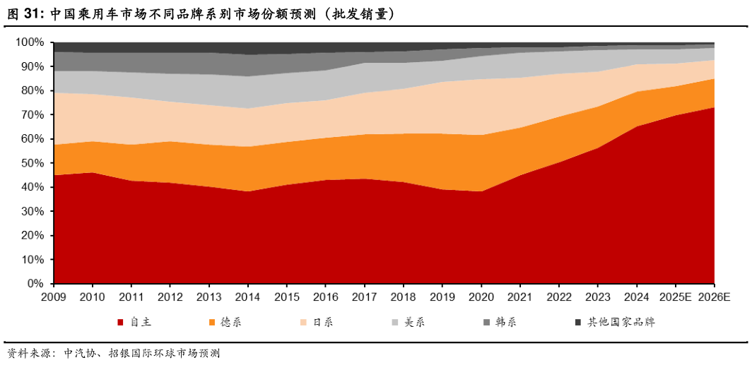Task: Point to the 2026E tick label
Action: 714,297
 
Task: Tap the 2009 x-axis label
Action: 54,297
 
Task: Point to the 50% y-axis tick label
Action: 33,163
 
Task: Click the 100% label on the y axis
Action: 30,42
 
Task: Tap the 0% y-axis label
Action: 36,284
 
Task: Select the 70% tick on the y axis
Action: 33,115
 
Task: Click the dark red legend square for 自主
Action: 120,323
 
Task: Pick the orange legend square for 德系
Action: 212,323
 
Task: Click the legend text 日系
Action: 323,323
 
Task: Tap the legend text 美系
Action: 414,323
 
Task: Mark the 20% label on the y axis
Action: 33,236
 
